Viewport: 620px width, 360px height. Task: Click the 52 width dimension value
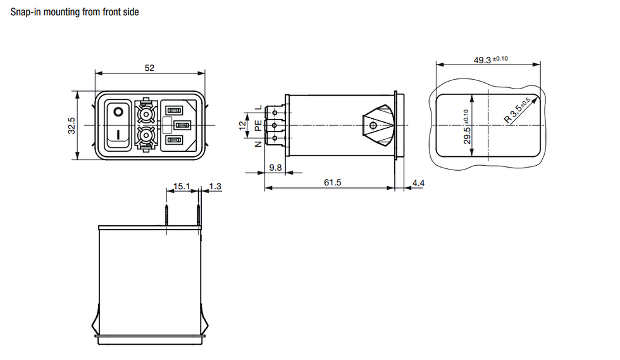pyautogui.click(x=149, y=68)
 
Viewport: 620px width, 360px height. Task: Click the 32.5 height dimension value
pyautogui.click(x=71, y=125)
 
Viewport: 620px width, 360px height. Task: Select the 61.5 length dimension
pyautogui.click(x=332, y=182)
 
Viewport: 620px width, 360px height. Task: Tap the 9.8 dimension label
pyautogui.click(x=275, y=168)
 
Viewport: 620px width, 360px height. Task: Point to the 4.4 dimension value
pyautogui.click(x=418, y=183)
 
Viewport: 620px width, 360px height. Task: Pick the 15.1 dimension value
pyautogui.click(x=182, y=186)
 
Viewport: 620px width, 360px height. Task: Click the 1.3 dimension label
pyautogui.click(x=214, y=186)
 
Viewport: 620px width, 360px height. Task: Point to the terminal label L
pyautogui.click(x=259, y=107)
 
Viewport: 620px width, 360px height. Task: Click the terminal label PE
pyautogui.click(x=258, y=126)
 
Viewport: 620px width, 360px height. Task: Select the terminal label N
pyautogui.click(x=258, y=144)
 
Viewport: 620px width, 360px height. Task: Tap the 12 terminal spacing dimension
pyautogui.click(x=242, y=126)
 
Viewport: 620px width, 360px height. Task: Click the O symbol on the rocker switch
pyautogui.click(x=118, y=112)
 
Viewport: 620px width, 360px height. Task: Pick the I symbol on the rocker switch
pyautogui.click(x=118, y=135)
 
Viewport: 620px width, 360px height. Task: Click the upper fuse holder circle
pyautogui.click(x=146, y=115)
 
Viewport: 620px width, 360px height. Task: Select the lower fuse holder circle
pyautogui.click(x=146, y=136)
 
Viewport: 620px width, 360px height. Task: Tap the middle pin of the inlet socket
pyautogui.click(x=182, y=125)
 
